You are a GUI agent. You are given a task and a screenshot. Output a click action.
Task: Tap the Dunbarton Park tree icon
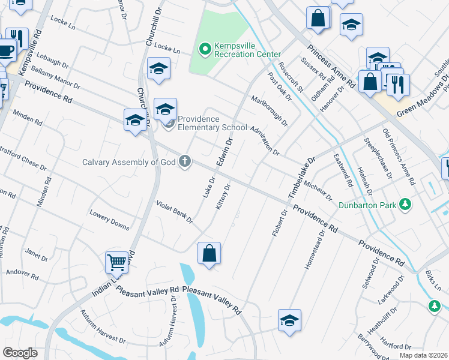point(406,205)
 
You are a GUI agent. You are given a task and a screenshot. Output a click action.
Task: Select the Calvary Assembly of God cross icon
point(185,161)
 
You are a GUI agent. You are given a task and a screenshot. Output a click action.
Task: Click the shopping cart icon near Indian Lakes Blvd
point(116,262)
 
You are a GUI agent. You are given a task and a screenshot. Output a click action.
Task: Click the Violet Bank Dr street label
point(174,212)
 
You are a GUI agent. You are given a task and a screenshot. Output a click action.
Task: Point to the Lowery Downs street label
point(109,220)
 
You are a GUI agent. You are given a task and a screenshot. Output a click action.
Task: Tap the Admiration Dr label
point(265,140)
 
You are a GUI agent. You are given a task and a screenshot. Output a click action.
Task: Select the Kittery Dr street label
point(222,196)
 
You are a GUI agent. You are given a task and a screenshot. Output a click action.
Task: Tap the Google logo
point(20,353)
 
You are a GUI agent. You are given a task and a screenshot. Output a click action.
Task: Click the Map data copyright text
point(423,355)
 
